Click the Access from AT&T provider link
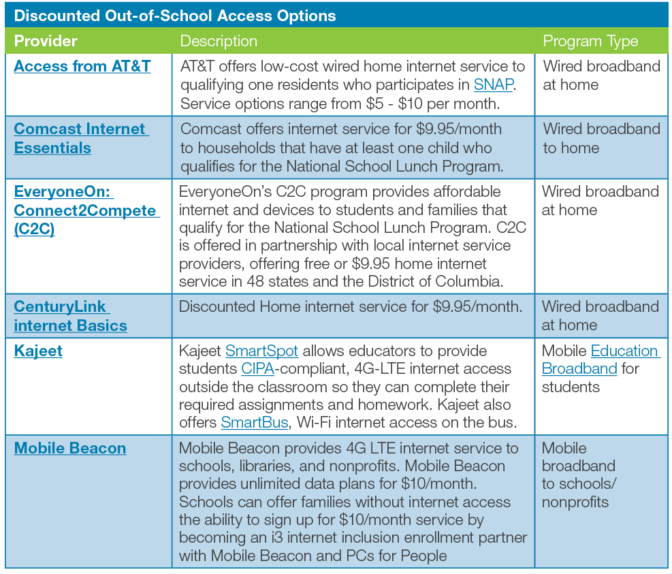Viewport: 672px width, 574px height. (82, 67)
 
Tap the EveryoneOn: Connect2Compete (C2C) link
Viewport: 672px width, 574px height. (86, 210)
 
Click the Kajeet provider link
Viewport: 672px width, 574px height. (38, 351)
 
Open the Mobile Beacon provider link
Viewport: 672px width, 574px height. (69, 449)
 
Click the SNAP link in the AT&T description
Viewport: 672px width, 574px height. (493, 85)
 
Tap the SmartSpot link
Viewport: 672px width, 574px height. (261, 351)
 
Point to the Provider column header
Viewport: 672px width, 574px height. (46, 41)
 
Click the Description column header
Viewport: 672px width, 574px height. (219, 41)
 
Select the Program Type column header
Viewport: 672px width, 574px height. (590, 41)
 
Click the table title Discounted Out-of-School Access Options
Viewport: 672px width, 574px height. (175, 15)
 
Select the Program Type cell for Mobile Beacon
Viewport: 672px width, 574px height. (579, 475)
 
